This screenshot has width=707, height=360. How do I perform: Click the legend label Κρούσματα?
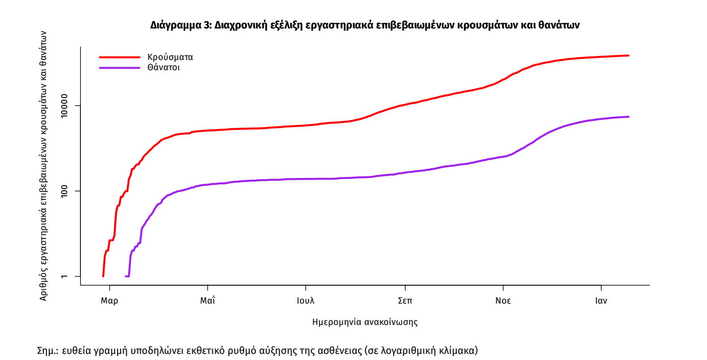click(170, 57)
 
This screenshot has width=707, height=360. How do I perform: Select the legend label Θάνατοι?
click(163, 67)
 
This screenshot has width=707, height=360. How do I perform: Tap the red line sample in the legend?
click(119, 57)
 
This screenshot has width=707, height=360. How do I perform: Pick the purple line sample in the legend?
click(119, 68)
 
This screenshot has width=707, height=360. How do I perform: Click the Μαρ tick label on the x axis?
click(109, 301)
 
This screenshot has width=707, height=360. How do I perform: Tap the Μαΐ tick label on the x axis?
click(208, 301)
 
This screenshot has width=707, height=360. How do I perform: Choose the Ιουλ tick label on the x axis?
click(306, 301)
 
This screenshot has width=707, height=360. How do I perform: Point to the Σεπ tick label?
click(405, 301)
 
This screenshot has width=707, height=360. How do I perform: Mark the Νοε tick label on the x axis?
click(503, 301)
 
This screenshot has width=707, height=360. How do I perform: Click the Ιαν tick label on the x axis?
click(601, 301)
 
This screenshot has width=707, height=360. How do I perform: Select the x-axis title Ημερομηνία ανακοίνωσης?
click(365, 322)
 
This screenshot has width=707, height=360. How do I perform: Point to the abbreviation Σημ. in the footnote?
click(48, 350)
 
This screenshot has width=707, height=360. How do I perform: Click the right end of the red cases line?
click(629, 55)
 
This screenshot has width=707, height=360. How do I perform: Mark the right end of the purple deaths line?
click(629, 117)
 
